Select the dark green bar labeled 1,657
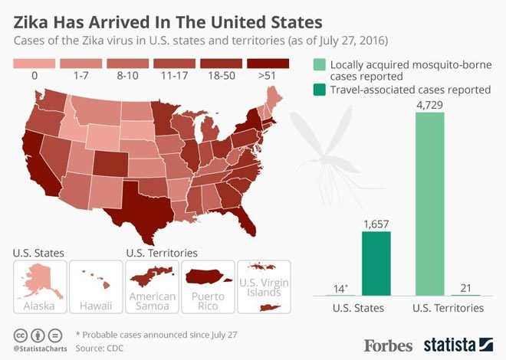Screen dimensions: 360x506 [376, 263]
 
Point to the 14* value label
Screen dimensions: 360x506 [340, 288]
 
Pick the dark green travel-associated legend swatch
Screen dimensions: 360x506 [318, 90]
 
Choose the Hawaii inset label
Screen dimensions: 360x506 [96, 306]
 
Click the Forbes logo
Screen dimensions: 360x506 [389, 344]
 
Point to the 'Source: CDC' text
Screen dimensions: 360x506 [103, 349]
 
